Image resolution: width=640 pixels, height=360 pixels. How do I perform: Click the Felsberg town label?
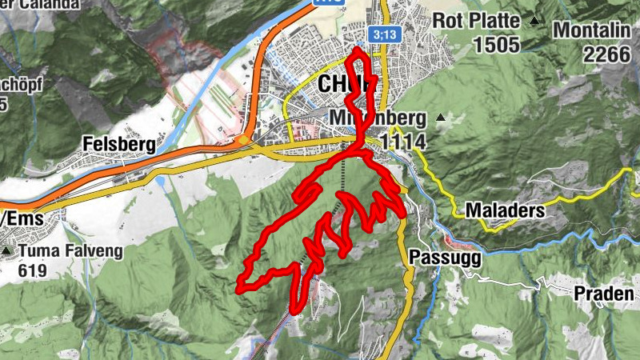[x=118, y=143]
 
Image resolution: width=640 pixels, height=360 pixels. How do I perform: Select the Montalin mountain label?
[x=595, y=30]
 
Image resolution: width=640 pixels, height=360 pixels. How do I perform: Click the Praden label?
[x=604, y=294]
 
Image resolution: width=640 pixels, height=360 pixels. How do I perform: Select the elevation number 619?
[x=31, y=270]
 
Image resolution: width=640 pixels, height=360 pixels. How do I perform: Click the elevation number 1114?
[x=403, y=142]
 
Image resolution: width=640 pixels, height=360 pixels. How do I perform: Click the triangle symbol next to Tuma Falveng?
[x=7, y=252]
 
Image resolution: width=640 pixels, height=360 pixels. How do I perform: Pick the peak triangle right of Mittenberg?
[x=440, y=118]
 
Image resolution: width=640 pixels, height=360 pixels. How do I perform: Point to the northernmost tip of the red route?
[x=358, y=50]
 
